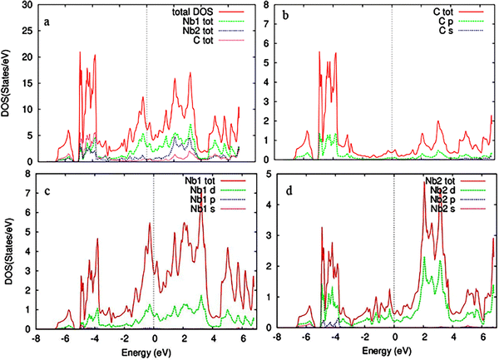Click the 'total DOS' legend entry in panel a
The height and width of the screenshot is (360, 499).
coord(193,12)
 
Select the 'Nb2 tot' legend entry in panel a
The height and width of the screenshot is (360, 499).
coord(198,31)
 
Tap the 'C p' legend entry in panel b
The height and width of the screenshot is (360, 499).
coord(446,22)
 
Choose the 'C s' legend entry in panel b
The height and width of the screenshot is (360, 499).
coord(446,31)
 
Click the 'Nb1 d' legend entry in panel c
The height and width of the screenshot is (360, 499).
coord(203,190)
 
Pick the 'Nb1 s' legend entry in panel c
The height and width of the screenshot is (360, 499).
coord(203,209)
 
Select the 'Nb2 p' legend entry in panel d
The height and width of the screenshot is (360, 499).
coord(442,200)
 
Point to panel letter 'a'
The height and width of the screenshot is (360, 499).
coord(47,22)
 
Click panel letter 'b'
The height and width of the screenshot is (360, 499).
coord(285,15)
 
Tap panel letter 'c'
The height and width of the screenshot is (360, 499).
coord(47,192)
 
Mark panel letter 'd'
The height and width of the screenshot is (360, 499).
coord(289,191)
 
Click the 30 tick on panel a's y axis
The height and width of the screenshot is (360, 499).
coord(27,5)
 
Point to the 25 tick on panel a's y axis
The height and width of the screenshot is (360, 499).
coord(27,31)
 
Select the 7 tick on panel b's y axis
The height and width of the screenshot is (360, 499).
coord(266,24)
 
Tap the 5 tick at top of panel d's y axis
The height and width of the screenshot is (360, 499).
coord(268,175)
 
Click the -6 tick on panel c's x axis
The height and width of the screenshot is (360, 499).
coord(65,338)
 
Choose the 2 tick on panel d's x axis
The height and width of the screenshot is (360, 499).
coord(424,337)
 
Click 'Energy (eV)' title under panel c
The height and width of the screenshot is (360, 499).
coord(146,352)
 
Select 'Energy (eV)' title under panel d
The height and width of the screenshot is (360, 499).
coord(387,351)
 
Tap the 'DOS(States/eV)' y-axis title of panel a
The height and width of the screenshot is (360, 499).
coord(6,83)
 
